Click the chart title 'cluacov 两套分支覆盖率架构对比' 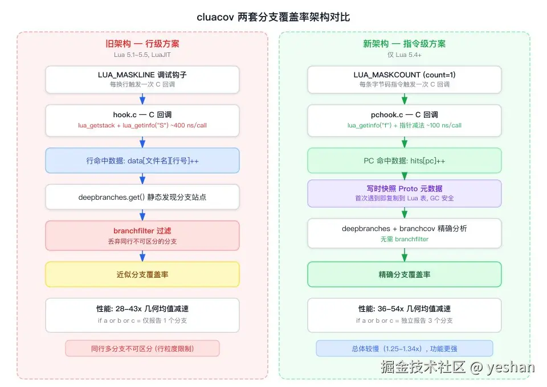(273, 17)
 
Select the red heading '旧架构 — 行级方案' (142, 44)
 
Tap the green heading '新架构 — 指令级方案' (405, 44)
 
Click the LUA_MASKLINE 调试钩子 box (142, 80)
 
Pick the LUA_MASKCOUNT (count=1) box (405, 80)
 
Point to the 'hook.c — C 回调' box (142, 120)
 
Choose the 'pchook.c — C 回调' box (405, 120)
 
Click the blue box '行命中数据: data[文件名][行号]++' (142, 160)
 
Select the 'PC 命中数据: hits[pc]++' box (405, 160)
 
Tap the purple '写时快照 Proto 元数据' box (405, 193)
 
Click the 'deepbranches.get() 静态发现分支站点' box (142, 197)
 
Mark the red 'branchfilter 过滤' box (142, 236)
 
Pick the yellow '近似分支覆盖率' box (142, 274)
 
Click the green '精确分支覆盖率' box (405, 274)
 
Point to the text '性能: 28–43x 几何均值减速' (142, 308)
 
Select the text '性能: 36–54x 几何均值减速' (405, 308)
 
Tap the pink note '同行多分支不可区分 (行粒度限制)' (142, 348)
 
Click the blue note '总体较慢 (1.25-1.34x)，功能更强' (405, 348)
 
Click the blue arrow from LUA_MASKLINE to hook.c (142, 99)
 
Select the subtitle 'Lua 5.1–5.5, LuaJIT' (142, 55)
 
